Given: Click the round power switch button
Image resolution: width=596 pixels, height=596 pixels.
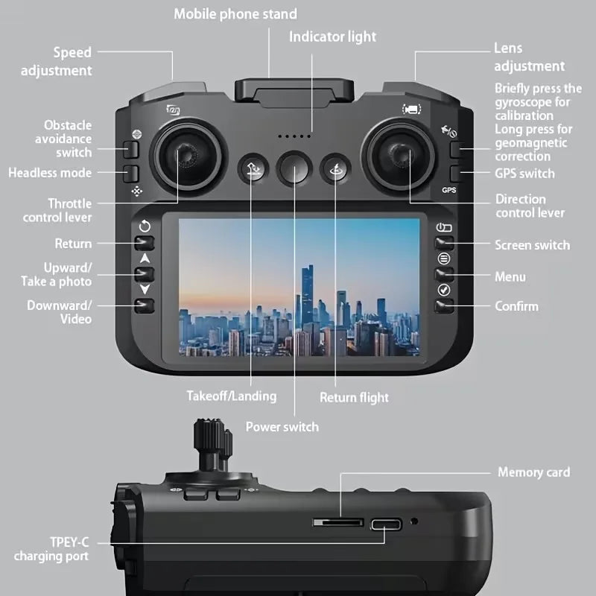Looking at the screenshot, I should coord(293,169).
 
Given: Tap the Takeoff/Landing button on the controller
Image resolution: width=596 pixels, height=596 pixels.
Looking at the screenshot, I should coord(251,169).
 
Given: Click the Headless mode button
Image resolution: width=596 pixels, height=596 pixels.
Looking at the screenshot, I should coord(133,174).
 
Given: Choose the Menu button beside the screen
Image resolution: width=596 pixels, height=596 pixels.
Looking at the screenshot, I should coord(445,274).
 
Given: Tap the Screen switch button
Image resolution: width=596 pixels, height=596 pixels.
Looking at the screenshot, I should coord(445,243).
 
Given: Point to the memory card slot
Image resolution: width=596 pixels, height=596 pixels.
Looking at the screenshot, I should coord(337,523).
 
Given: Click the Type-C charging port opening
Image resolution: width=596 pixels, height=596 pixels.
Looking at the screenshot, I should coord(386,524).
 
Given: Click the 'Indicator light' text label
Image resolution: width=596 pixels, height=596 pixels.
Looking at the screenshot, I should coord(332,37).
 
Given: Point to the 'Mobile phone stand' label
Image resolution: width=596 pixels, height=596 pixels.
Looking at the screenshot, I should coord(235,14).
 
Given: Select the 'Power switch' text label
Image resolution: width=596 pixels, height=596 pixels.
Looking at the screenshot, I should coord(282,427).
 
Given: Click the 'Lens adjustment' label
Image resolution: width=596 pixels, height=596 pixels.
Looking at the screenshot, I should coord(529,57).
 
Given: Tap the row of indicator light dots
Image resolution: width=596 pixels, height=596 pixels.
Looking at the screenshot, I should coord(294,136).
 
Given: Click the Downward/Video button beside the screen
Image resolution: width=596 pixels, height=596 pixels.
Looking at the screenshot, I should coord(145,304).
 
